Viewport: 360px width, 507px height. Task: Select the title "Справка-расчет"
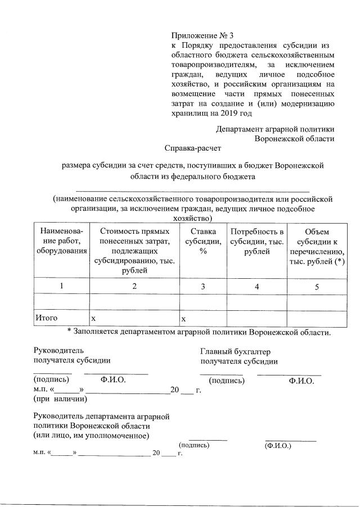pos(193,149)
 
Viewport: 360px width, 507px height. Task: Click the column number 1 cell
pos(61,286)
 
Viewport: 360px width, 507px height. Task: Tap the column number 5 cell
pos(316,287)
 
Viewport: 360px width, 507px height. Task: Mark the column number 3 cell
pos(203,286)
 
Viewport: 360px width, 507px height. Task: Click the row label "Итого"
pos(46,318)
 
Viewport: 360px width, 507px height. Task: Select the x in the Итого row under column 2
pos(94,319)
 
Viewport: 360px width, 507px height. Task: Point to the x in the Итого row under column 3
pos(183,319)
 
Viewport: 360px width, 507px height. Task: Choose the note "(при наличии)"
pos(60,399)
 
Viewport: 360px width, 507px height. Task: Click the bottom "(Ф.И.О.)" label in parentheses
pos(277,446)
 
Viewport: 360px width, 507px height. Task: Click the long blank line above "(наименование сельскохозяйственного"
pos(192,192)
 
